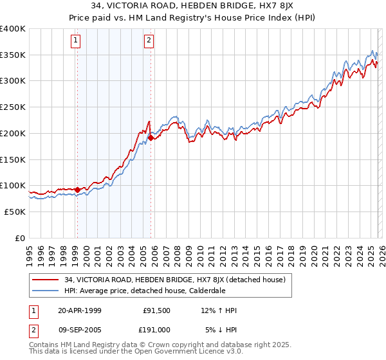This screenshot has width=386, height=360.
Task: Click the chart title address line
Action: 193,6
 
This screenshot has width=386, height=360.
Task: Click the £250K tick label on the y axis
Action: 13,107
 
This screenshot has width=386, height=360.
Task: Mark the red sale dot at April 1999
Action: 77,190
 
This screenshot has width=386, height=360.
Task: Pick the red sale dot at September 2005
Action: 151,137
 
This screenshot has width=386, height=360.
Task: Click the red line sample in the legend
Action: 46,279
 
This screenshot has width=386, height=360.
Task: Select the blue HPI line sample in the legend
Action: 46,290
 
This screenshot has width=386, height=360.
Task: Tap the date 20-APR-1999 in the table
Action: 80,310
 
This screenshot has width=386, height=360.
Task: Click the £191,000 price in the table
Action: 156,329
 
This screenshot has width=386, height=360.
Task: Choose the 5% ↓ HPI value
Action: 221,329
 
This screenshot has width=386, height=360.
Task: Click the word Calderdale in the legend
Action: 207,290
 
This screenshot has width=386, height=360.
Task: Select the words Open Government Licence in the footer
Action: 172,353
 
